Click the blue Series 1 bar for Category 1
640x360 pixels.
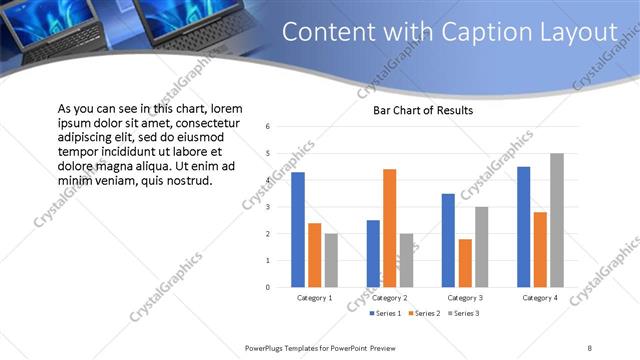[297, 230]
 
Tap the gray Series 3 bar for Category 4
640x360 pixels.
[557, 220]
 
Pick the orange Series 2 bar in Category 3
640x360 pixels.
[465, 263]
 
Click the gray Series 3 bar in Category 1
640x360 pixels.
[331, 260]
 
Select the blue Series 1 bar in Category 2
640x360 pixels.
[373, 254]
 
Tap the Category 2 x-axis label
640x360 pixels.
[389, 298]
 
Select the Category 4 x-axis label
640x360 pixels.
[540, 298]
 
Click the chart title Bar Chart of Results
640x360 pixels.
[423, 110]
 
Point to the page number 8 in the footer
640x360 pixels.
[590, 347]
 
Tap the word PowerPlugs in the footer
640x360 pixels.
[267, 347]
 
